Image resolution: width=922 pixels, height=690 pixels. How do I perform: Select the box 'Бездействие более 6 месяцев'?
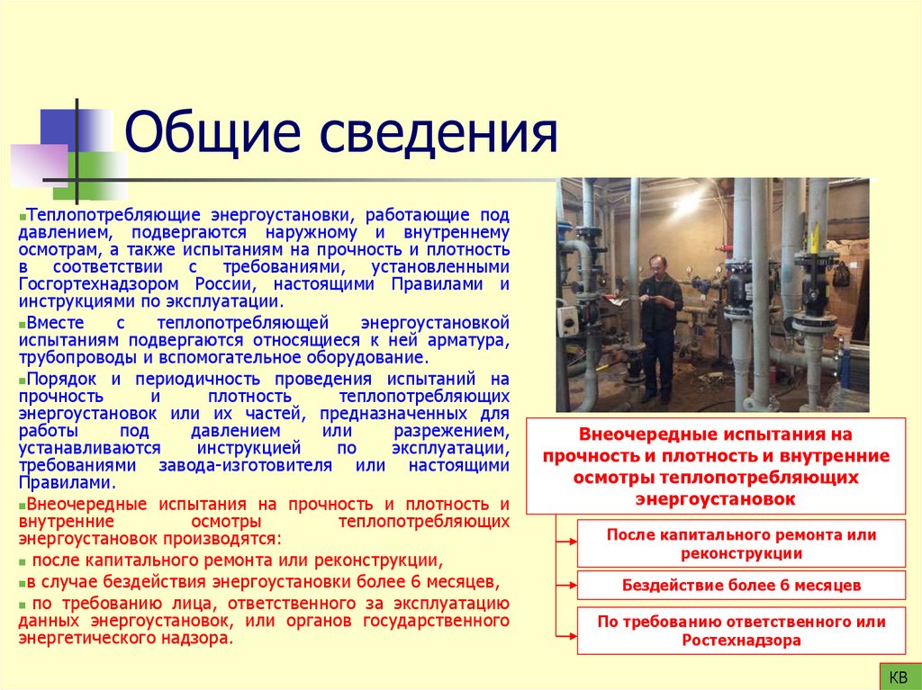pyautogui.click(x=741, y=586)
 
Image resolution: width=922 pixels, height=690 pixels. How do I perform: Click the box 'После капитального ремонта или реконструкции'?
pyautogui.click(x=741, y=543)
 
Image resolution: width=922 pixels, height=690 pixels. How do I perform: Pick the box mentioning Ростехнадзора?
pyautogui.click(x=741, y=631)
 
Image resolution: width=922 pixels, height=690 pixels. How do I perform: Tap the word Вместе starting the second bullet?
pyautogui.click(x=56, y=322)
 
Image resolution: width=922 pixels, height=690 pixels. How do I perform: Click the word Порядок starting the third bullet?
pyautogui.click(x=61, y=379)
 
